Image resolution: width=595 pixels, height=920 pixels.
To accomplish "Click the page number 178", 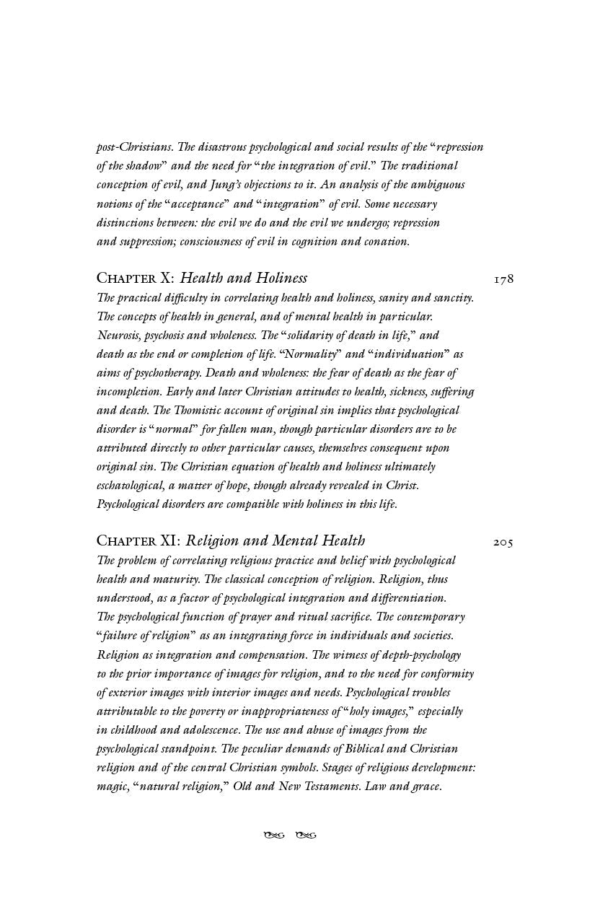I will click(503, 279).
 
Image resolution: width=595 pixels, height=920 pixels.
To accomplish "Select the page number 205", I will click(503, 541).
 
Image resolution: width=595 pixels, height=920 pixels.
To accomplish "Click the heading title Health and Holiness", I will click(243, 278).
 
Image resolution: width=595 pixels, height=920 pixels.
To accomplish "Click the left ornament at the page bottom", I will click(274, 836).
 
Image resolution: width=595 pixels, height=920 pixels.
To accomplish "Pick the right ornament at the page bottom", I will click(307, 836).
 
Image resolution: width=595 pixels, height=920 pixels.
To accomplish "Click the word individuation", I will click(409, 354).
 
